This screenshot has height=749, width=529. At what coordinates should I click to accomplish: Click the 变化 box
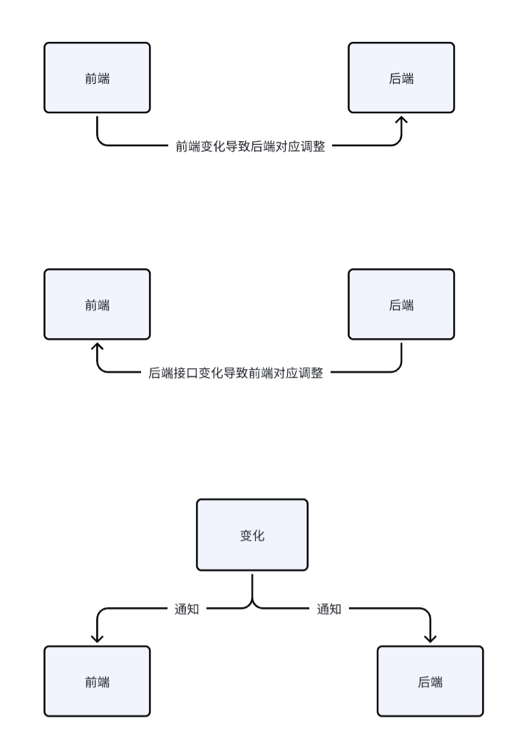click(252, 535)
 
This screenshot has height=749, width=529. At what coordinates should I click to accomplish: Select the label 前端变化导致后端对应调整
click(251, 146)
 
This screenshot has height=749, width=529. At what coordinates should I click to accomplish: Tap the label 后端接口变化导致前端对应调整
click(236, 373)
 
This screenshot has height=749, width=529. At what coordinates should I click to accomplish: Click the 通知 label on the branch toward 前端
click(187, 609)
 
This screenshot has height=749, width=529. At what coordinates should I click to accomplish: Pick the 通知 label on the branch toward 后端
click(329, 609)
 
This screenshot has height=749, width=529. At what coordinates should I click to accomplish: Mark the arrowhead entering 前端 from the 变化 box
click(98, 639)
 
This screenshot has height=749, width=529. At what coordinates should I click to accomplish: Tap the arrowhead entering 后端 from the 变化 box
click(431, 639)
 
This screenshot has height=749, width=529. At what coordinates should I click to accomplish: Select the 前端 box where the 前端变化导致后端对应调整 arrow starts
click(98, 78)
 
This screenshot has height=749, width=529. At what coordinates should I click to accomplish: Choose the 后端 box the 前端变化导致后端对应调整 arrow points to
click(401, 78)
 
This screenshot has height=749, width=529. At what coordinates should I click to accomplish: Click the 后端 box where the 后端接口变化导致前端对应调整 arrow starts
click(401, 304)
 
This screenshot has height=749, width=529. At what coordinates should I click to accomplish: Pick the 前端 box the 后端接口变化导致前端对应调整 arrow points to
click(98, 304)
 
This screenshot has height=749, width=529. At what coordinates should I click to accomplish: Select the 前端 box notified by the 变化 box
click(98, 681)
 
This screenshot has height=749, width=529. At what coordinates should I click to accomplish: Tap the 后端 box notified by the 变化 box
click(431, 681)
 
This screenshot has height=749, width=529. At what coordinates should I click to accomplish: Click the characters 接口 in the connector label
click(186, 373)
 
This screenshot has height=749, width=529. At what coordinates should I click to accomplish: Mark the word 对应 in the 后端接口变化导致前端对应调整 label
click(286, 373)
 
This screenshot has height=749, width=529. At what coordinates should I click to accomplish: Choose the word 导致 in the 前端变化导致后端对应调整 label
click(238, 146)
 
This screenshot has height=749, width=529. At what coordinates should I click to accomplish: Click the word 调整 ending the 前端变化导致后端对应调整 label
click(313, 146)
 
